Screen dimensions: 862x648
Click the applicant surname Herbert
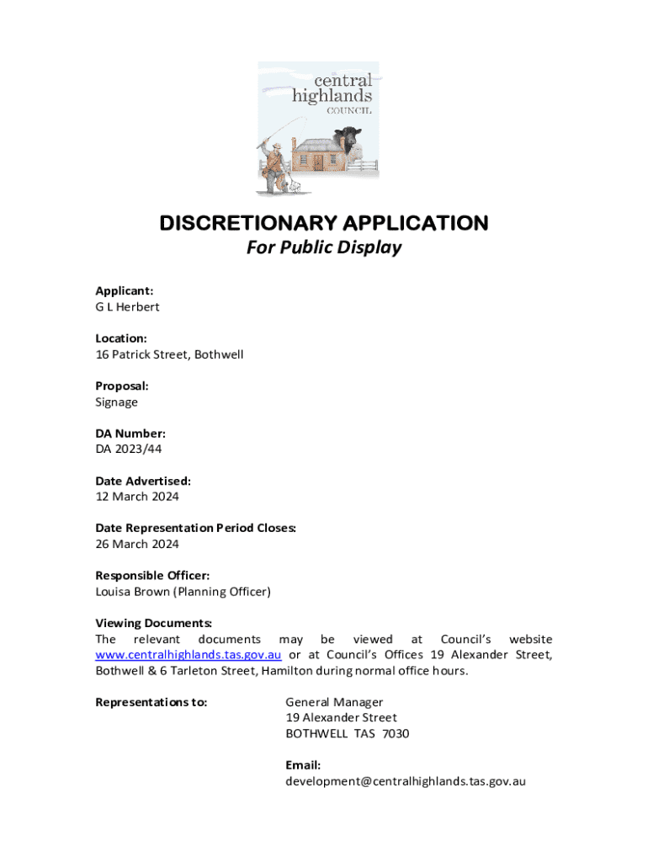(x=137, y=306)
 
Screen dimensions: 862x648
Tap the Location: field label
(x=122, y=338)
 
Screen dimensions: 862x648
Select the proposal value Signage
(x=116, y=402)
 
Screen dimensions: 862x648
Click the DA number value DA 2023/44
(x=128, y=449)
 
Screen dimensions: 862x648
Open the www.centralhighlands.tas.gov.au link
(x=189, y=655)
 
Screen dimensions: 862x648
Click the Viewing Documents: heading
(x=154, y=624)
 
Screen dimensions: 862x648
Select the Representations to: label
(x=151, y=702)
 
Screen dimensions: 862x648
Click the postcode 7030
(x=396, y=733)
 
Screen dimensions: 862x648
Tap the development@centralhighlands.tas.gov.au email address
(x=406, y=781)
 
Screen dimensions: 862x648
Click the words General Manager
(x=334, y=702)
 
